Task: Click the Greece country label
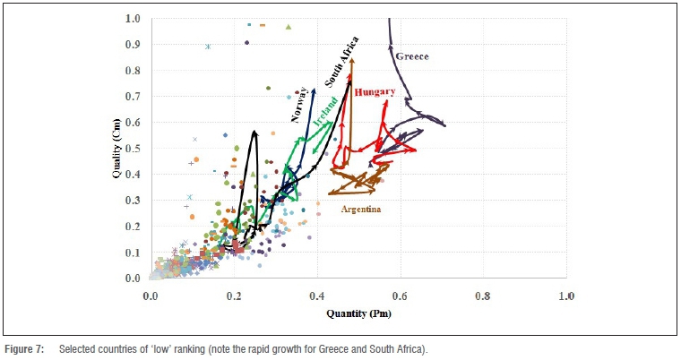(412, 56)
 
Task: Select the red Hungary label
(374, 92)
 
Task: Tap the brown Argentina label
(362, 210)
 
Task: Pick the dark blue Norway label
(299, 104)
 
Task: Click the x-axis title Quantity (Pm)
(358, 314)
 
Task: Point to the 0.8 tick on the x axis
(483, 296)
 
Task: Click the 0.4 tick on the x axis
(317, 296)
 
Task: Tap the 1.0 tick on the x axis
(566, 296)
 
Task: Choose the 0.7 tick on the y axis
(133, 97)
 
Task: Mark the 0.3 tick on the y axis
(133, 201)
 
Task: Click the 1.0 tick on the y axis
(133, 19)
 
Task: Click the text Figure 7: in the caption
(25, 347)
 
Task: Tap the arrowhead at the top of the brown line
(352, 61)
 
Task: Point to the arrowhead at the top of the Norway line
(315, 89)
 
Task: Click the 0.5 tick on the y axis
(133, 149)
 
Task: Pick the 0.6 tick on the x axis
(401, 296)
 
